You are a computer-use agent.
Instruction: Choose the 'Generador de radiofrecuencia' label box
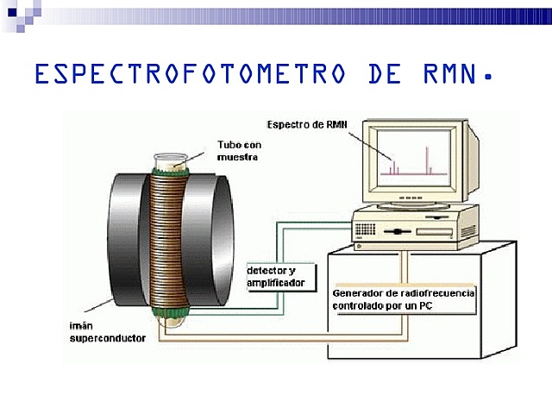[404, 299]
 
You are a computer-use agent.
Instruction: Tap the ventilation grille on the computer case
[365, 229]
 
